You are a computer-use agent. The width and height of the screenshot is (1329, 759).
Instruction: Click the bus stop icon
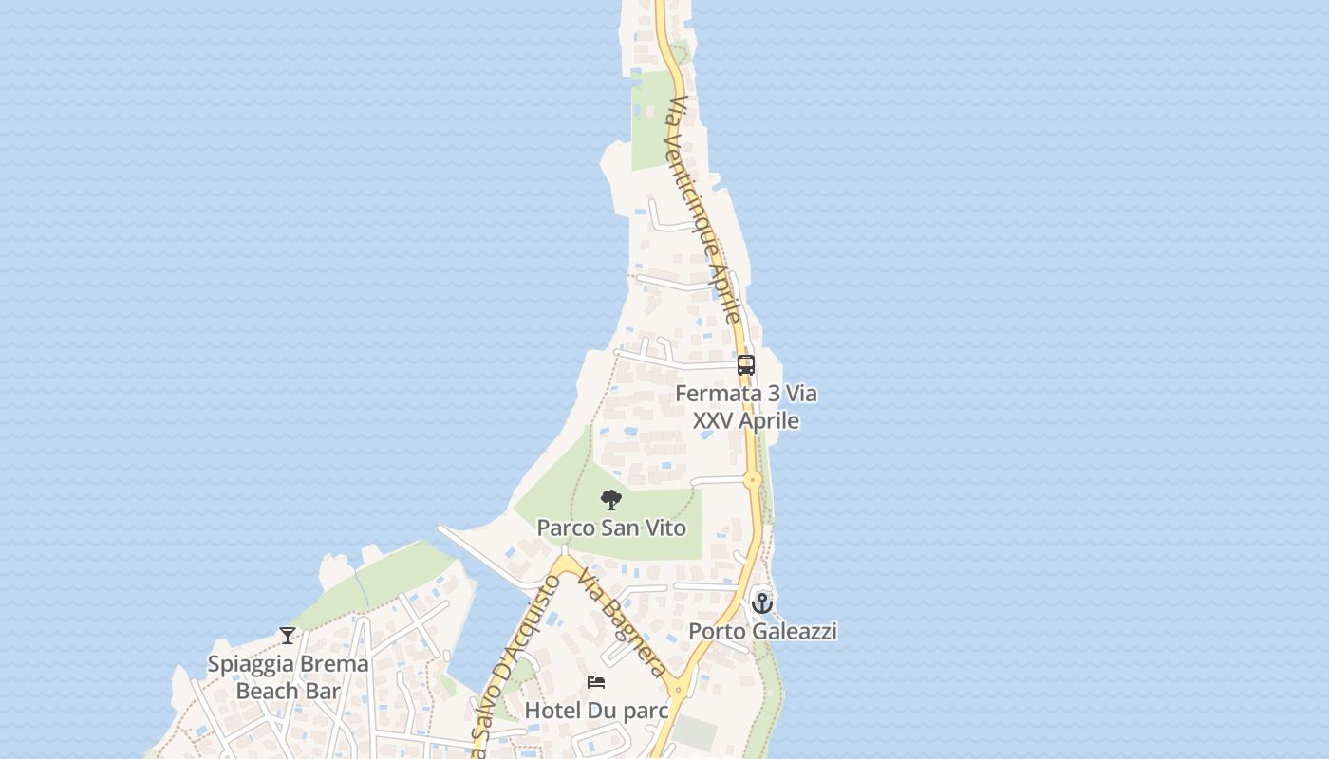click(x=746, y=365)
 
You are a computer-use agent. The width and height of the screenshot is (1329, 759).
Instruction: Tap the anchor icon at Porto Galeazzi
click(x=762, y=602)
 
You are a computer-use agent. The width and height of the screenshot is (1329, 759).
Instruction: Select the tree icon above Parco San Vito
click(x=611, y=499)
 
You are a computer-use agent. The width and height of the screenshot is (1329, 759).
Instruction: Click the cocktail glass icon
click(x=288, y=636)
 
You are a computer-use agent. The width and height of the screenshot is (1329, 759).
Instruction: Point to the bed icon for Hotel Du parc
click(x=596, y=682)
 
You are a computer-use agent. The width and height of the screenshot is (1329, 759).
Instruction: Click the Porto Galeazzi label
click(x=762, y=631)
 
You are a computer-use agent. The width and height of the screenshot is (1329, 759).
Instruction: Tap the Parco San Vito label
click(x=611, y=528)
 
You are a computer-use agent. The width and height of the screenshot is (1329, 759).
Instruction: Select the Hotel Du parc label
click(x=596, y=710)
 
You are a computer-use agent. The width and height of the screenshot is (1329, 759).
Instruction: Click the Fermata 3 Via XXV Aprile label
click(x=746, y=406)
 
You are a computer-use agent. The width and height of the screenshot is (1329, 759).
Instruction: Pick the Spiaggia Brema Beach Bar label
click(x=288, y=677)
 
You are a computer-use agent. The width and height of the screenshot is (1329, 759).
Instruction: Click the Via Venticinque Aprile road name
click(x=703, y=209)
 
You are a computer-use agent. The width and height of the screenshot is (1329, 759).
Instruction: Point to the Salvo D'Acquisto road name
click(x=513, y=655)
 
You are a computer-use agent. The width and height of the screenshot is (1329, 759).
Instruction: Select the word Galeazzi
click(x=796, y=631)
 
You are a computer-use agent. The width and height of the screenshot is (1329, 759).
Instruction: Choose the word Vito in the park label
click(x=665, y=528)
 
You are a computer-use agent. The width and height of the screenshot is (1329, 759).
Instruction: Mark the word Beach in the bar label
click(x=267, y=691)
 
